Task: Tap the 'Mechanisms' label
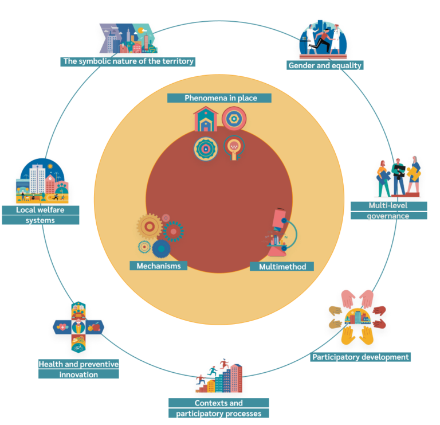pyautogui.click(x=159, y=266)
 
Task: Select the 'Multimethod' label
pyautogui.click(x=282, y=267)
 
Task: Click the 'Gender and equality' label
pyautogui.click(x=325, y=65)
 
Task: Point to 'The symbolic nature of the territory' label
pyautogui.click(x=128, y=61)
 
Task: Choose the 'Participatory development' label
pyautogui.click(x=360, y=357)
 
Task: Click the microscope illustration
pyautogui.click(x=281, y=232)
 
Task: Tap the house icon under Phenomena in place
pyautogui.click(x=206, y=119)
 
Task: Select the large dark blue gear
pyautogui.click(x=161, y=249)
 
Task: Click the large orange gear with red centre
pyautogui.click(x=150, y=227)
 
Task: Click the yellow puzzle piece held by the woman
pyautogui.click(x=414, y=174)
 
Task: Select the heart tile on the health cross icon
pyautogui.click(x=62, y=327)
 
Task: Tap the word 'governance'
pyautogui.click(x=388, y=216)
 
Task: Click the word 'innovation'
pyautogui.click(x=78, y=375)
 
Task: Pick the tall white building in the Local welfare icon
pyautogui.click(x=37, y=179)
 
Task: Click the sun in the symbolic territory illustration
pyautogui.click(x=141, y=30)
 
